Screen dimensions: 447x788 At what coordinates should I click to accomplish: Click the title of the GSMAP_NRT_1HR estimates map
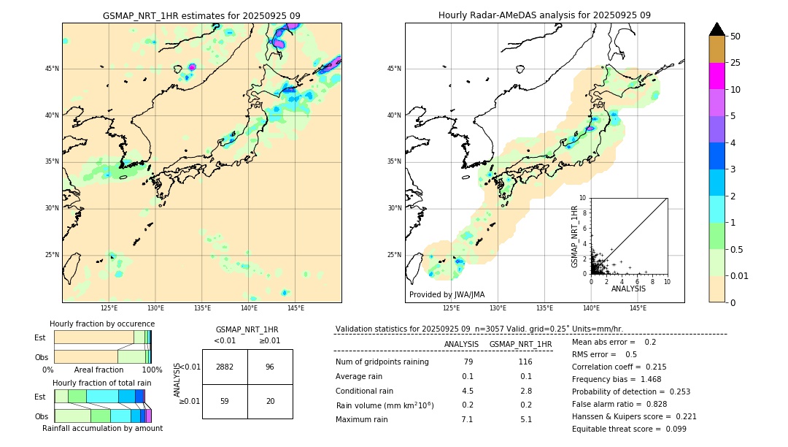(x=201, y=15)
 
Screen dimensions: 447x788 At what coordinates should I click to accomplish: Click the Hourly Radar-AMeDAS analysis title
(x=544, y=15)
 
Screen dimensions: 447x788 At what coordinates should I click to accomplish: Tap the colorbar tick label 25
(x=735, y=63)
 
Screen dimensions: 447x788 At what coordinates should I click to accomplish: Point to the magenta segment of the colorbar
(x=716, y=76)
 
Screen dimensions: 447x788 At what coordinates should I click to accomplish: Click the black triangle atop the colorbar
(x=716, y=29)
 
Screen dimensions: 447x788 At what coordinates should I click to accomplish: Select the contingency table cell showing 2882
(x=225, y=367)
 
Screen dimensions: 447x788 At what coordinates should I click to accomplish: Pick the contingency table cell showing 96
(x=270, y=367)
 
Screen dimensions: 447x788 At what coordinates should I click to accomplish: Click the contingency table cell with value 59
(x=225, y=401)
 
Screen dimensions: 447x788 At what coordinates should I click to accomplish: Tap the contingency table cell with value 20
(x=270, y=401)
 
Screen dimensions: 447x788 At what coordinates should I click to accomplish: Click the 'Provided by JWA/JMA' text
(x=447, y=295)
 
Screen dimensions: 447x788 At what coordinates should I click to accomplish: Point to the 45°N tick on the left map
(x=52, y=69)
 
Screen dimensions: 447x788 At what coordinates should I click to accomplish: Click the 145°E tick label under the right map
(x=638, y=308)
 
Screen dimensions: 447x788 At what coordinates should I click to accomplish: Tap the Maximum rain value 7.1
(x=467, y=419)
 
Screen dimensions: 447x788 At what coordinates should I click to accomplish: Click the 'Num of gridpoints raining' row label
(x=382, y=362)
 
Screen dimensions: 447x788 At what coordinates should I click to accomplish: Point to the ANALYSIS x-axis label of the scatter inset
(x=628, y=289)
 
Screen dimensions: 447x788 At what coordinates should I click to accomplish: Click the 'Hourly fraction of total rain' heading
(x=102, y=383)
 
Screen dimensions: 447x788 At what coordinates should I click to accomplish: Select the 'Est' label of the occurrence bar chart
(x=40, y=337)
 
